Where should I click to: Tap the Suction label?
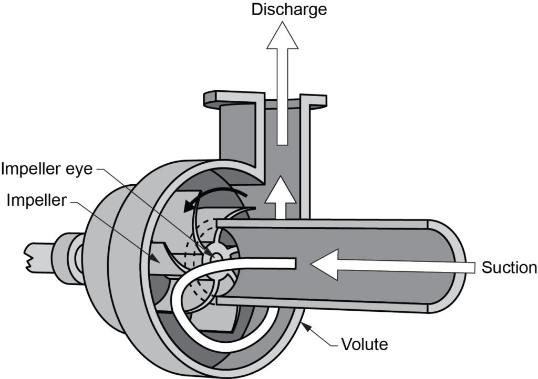pos(509,268)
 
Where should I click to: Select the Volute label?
pos(365,345)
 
